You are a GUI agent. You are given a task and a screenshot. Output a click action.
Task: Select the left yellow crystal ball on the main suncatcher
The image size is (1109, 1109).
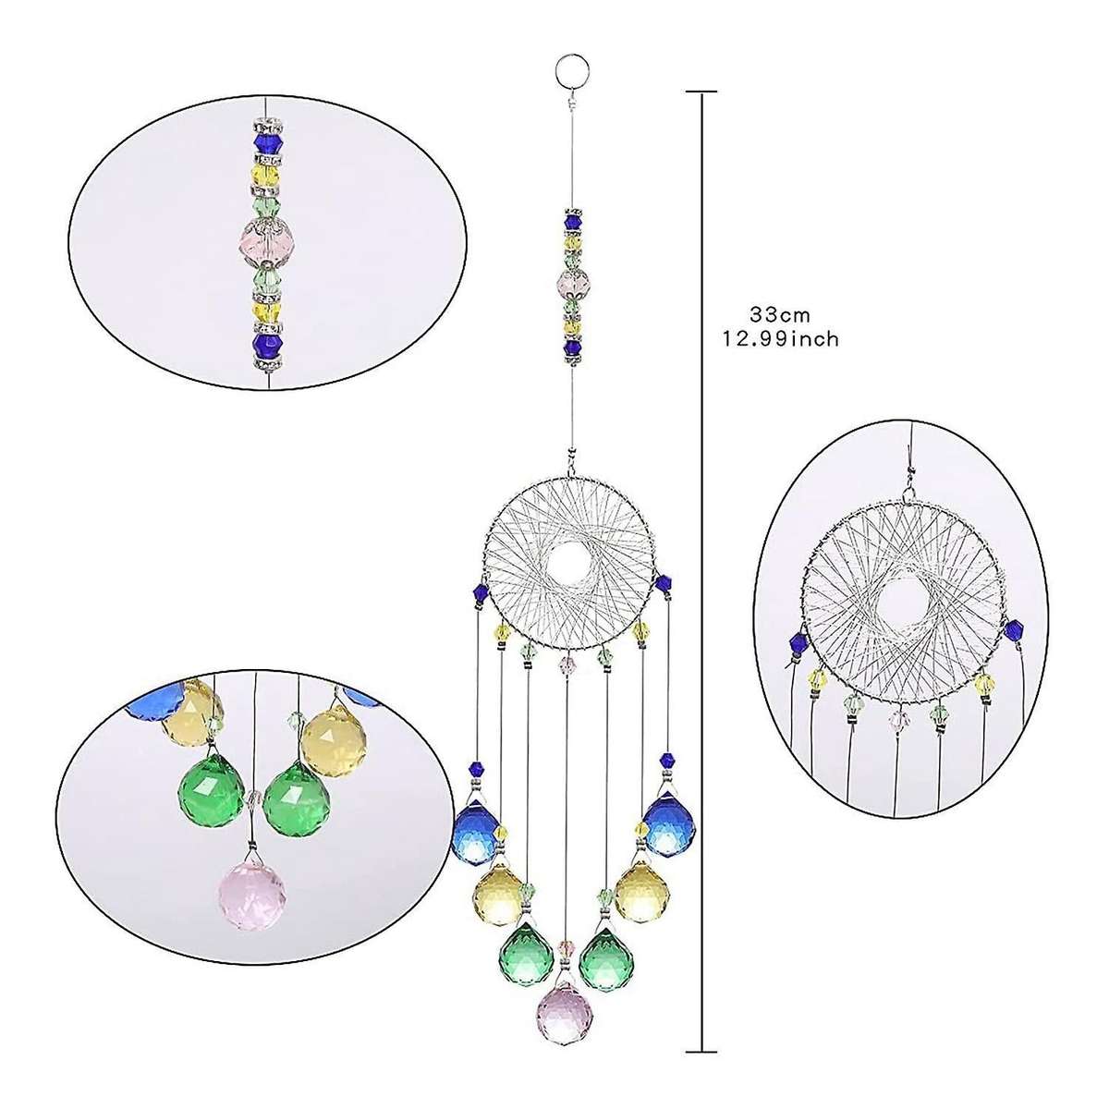click(500, 895)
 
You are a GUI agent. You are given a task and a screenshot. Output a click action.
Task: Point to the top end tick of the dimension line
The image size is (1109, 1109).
click(701, 92)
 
